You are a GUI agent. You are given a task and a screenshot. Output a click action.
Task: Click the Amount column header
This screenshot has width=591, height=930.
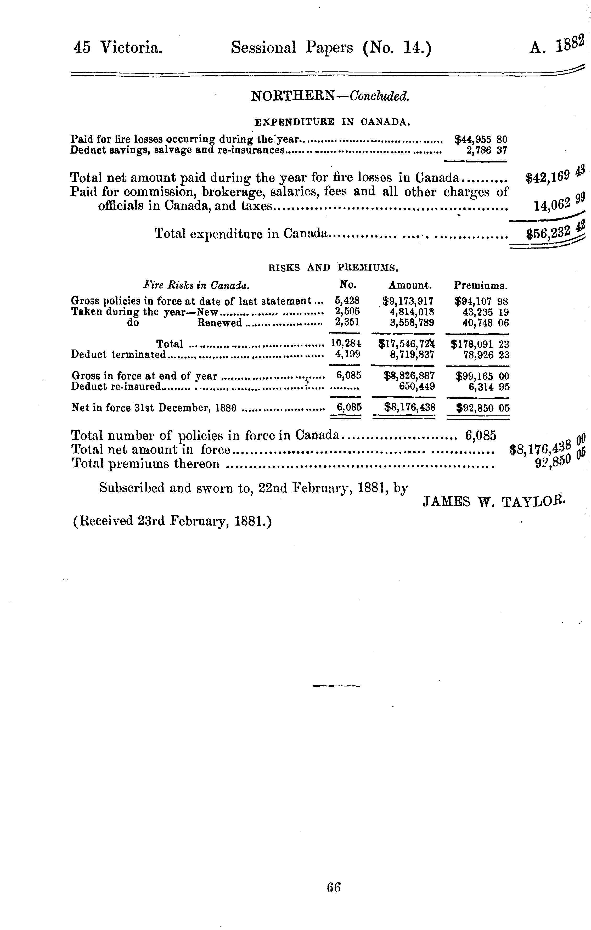pyautogui.click(x=410, y=285)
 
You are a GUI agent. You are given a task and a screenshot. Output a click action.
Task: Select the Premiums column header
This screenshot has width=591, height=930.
pyautogui.click(x=480, y=285)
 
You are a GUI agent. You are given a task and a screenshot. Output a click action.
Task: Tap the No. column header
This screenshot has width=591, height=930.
pyautogui.click(x=347, y=285)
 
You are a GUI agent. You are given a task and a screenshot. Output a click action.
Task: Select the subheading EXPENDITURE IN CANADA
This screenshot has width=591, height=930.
pyautogui.click(x=332, y=122)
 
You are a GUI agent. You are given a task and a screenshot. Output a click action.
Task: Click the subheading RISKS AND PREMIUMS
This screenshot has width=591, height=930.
pyautogui.click(x=333, y=267)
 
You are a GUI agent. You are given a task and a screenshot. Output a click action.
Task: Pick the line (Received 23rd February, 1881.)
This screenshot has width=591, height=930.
pyautogui.click(x=172, y=521)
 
